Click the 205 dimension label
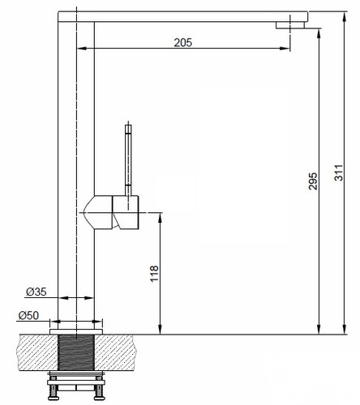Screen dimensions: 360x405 [183, 43]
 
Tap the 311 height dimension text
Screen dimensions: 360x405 [339, 173]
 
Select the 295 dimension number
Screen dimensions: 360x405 [313, 181]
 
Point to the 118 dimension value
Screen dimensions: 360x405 [154, 274]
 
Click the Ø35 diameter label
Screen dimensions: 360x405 [36, 292]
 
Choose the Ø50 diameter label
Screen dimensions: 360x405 [28, 315]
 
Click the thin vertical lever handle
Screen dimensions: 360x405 [128, 160]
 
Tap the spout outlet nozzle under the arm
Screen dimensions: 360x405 [290, 25]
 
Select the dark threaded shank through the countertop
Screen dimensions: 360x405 [76, 352]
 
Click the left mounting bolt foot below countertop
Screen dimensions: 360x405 [54, 393]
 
